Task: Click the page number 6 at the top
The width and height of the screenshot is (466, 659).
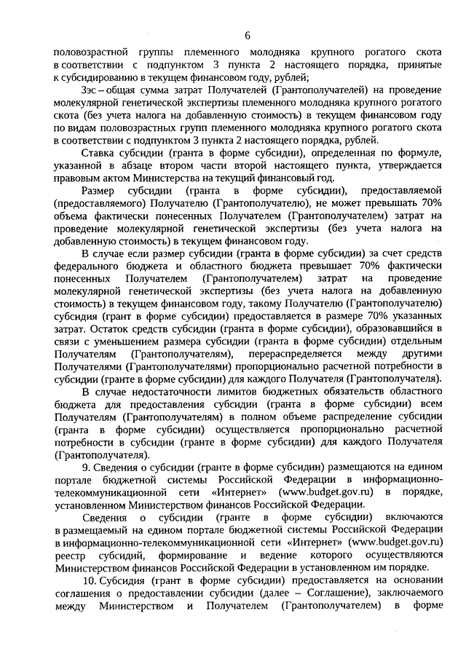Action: (248, 35)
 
